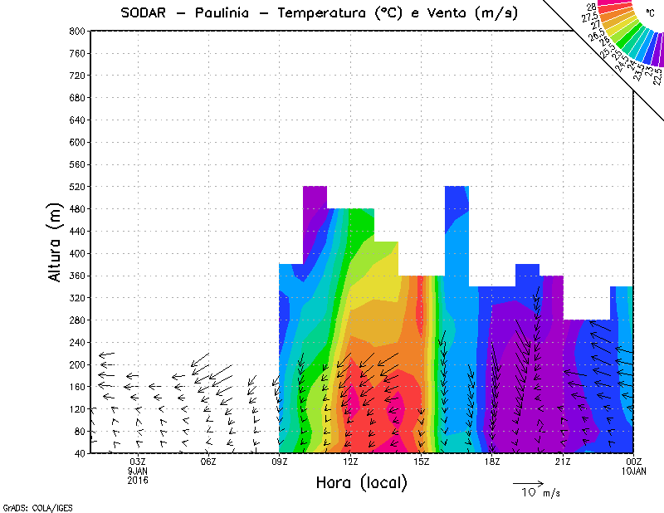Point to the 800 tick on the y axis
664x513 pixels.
pos(77,31)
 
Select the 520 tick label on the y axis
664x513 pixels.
pos(77,187)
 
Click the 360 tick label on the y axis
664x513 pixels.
pos(77,276)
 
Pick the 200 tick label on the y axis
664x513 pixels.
pos(77,364)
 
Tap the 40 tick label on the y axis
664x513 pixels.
pos(80,453)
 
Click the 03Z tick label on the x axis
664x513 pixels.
pos(138,462)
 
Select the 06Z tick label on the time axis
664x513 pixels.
pos(208,462)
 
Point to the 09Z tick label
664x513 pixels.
pos(280,462)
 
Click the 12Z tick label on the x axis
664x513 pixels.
pos(350,462)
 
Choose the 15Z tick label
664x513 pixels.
pos(422,462)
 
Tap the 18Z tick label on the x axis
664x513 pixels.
pos(492,462)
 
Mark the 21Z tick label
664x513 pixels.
pos(564,462)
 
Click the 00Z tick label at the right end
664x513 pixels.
pos(634,462)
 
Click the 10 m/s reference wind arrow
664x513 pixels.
pos(528,482)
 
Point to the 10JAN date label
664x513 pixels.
pos(634,470)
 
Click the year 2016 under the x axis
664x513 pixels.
pos(138,478)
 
